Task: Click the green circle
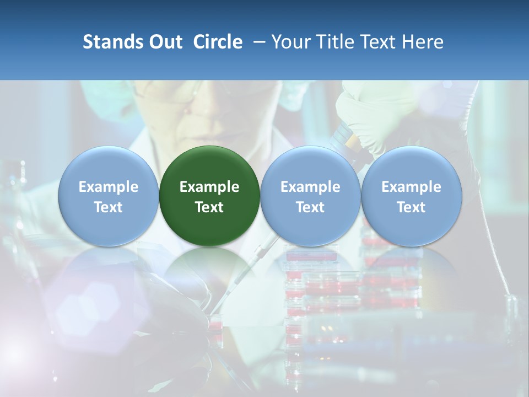[x=209, y=196]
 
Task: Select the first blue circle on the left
[x=109, y=196]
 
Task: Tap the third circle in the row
[x=310, y=196]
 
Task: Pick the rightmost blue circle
[x=412, y=196]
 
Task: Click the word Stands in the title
[x=112, y=42]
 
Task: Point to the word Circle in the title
[x=218, y=42]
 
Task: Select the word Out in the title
[x=165, y=42]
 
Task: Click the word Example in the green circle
[x=209, y=187]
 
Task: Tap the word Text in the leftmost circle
[x=109, y=207]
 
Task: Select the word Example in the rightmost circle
[x=412, y=187]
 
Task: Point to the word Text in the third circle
[x=310, y=207]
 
